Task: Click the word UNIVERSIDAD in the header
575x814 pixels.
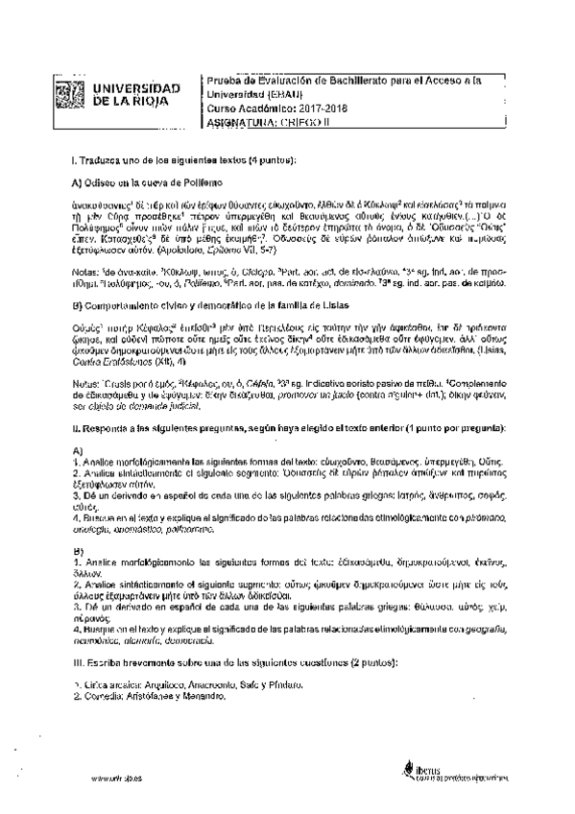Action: pyautogui.click(x=134, y=87)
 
